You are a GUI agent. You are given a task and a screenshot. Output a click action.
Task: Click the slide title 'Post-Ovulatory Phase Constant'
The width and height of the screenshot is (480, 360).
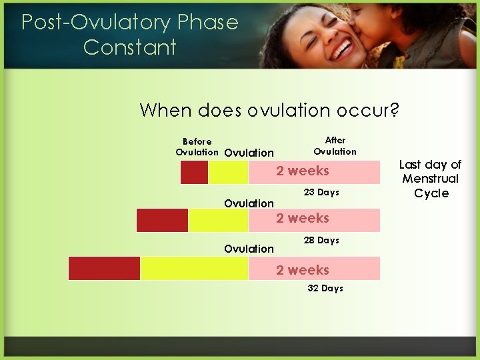tap(129, 35)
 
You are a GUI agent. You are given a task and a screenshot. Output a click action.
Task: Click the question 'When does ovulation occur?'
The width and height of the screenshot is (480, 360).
tap(269, 110)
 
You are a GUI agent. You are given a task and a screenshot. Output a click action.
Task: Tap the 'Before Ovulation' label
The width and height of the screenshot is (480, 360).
tap(197, 147)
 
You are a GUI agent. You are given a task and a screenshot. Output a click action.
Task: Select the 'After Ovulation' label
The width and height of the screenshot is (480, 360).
tap(335, 145)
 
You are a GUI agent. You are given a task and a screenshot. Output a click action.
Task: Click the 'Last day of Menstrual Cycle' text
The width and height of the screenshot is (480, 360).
tap(431, 179)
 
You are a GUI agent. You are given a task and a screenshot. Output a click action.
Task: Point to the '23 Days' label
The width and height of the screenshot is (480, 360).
tap(321, 193)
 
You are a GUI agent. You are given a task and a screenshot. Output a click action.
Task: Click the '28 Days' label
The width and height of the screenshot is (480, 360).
tap(321, 240)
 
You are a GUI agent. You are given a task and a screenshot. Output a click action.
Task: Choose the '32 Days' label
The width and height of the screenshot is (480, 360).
tap(325, 288)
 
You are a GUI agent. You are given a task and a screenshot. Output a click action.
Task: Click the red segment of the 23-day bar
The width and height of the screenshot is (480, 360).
tap(194, 172)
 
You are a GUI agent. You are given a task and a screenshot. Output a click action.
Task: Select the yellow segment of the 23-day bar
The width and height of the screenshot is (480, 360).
tap(228, 172)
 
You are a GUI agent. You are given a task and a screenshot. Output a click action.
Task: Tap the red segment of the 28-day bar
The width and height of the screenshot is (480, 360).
tap(162, 220)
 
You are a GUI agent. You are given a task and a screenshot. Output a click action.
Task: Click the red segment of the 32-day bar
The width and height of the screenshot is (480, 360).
tap(104, 268)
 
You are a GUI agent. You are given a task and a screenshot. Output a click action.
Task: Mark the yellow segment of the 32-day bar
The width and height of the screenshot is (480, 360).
tap(193, 268)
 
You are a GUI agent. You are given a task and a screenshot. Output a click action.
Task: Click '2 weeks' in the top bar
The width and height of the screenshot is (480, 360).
tap(303, 171)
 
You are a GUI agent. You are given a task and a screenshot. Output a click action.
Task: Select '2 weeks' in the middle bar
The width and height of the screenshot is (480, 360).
tap(303, 218)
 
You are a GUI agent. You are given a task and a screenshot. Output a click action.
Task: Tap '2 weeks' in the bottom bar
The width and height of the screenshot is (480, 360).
tap(303, 270)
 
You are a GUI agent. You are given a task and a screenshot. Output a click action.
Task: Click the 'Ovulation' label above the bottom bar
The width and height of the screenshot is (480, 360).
tap(249, 249)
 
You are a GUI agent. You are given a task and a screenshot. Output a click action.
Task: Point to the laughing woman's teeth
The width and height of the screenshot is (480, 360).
tap(343, 48)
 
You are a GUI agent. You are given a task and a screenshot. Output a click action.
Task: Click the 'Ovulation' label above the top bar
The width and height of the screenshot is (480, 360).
tap(249, 153)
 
